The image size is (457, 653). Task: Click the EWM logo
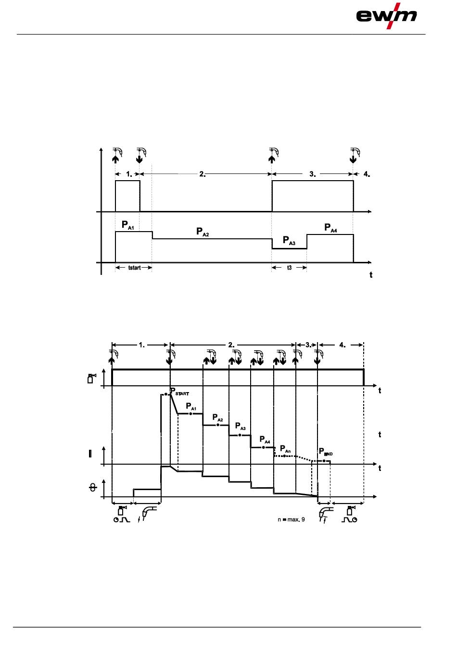(x=386, y=16)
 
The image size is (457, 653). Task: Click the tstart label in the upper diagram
(x=134, y=268)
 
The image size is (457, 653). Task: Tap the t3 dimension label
(x=289, y=268)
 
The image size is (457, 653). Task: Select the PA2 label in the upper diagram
(x=203, y=232)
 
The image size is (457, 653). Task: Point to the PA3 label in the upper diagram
(x=289, y=241)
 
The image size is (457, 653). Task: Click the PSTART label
(x=179, y=392)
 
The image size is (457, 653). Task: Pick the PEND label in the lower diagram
(x=326, y=452)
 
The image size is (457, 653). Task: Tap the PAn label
(x=285, y=449)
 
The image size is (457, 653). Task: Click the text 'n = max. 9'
(x=291, y=519)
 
